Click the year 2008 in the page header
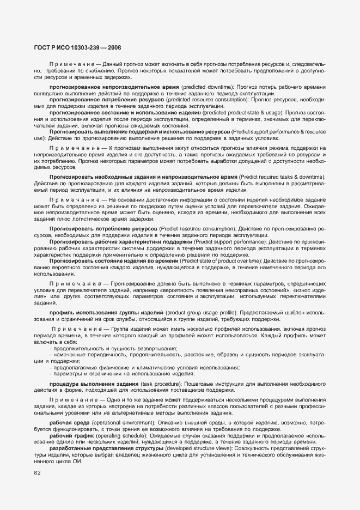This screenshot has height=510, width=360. click(x=114, y=47)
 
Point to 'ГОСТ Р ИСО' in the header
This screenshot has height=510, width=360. click(x=55, y=47)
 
